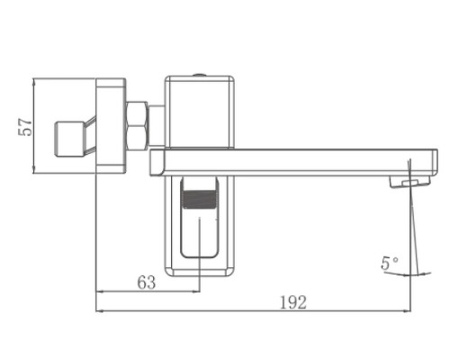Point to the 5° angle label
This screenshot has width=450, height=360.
point(388,265)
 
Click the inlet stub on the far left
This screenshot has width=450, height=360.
point(69,135)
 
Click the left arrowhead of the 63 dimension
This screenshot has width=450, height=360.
point(100,292)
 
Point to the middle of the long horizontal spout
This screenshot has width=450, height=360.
point(288,163)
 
